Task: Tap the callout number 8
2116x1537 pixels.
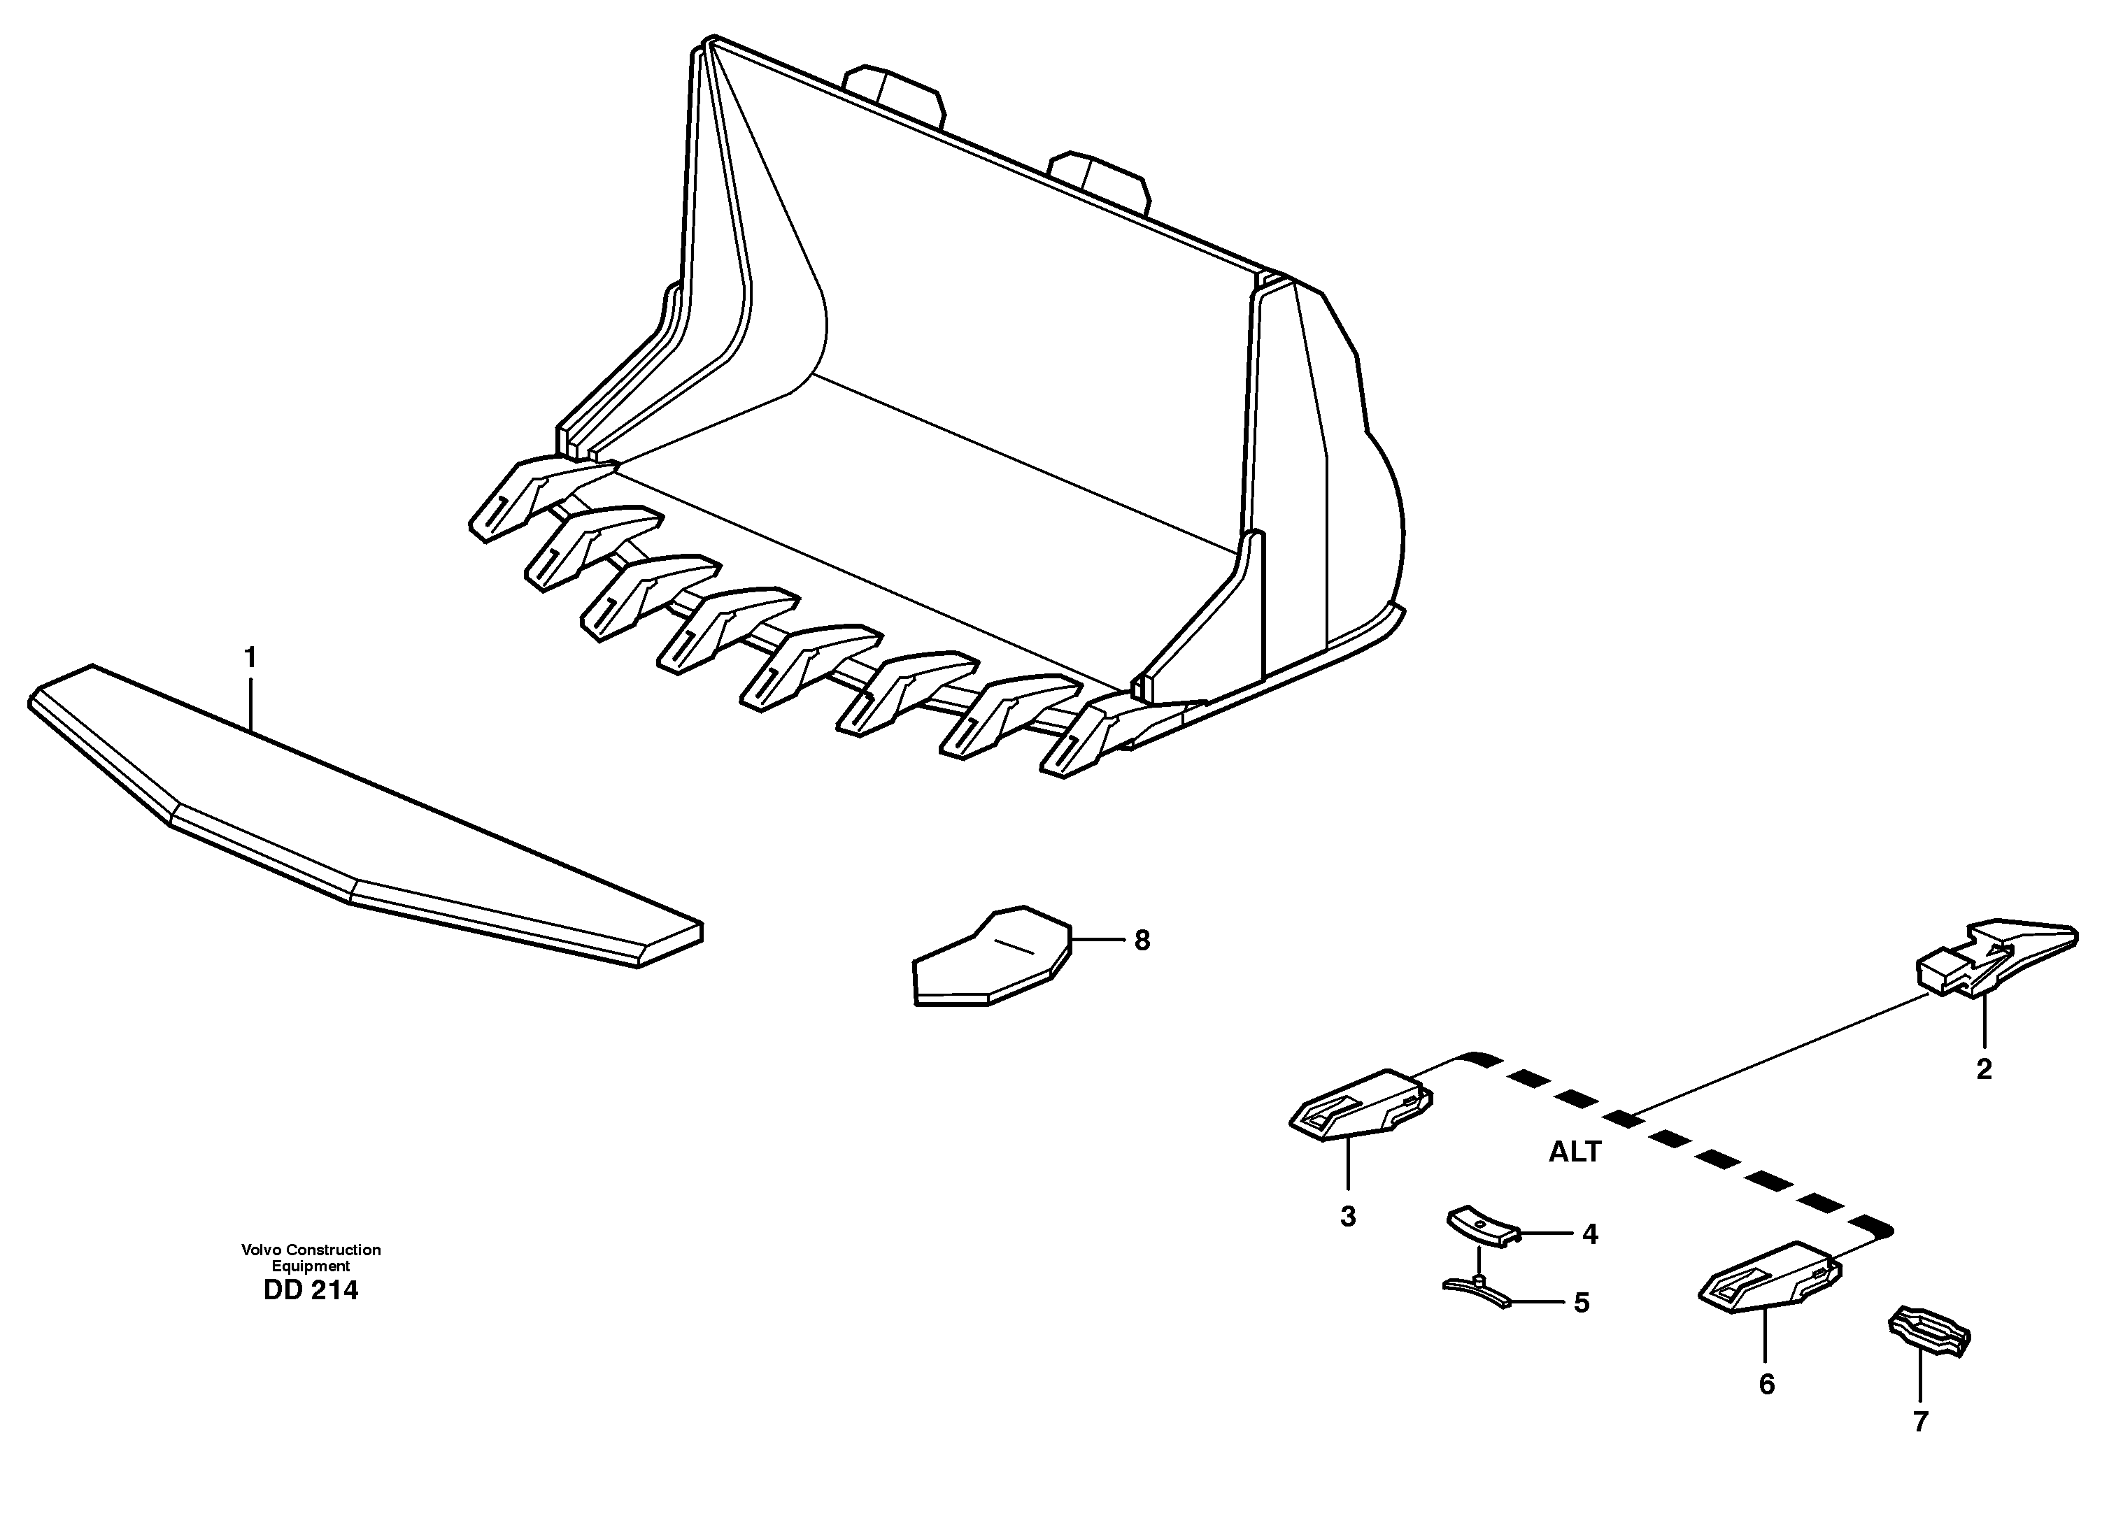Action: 1142,941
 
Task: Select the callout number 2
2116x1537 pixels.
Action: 1984,1070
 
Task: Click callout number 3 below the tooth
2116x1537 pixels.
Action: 1347,1217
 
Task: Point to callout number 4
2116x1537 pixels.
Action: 1590,1235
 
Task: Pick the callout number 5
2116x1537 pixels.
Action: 1582,1303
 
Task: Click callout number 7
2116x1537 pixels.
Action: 1920,1422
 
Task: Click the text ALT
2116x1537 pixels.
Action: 1575,1152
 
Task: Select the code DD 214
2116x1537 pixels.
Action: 311,1291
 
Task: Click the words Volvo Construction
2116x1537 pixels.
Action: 311,1250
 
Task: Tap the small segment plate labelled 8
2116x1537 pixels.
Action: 989,961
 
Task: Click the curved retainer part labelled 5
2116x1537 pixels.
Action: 1477,1292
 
